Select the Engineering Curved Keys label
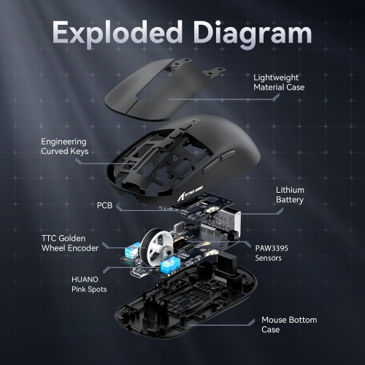pyautogui.click(x=65, y=146)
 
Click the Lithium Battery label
pyautogui.click(x=290, y=195)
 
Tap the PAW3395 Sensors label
pyautogui.click(x=272, y=252)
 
